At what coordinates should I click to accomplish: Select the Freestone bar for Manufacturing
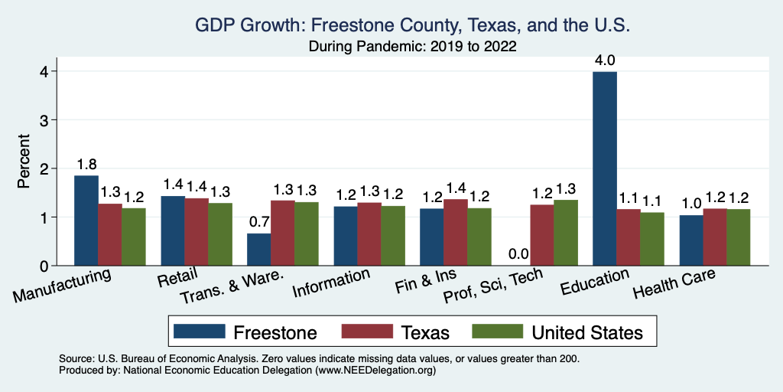[x=86, y=220]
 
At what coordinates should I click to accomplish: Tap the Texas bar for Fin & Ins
[x=456, y=232]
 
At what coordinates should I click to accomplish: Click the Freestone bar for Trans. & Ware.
[x=258, y=250]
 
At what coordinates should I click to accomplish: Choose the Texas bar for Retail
[x=197, y=232]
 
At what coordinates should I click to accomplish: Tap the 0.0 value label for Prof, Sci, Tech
[x=518, y=254]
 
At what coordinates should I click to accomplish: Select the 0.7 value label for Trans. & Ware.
[x=258, y=222]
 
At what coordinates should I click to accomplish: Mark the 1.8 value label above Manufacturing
[x=86, y=164]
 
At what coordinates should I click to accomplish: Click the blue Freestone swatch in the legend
[x=199, y=332]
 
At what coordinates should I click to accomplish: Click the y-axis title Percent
[x=24, y=162]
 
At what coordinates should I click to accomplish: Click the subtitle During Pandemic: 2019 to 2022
[x=413, y=47]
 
